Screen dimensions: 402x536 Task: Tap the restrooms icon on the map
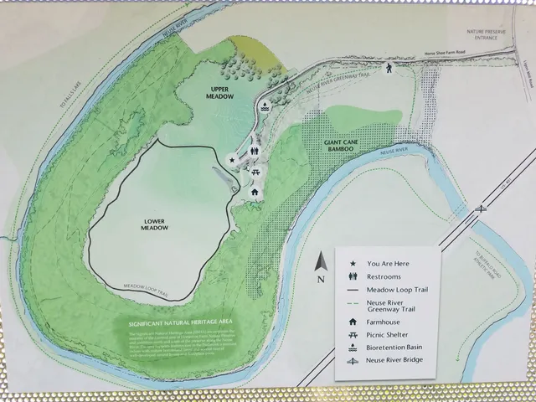pos(255,152)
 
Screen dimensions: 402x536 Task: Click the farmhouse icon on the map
pos(255,191)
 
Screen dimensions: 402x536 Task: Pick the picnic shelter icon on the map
pos(255,172)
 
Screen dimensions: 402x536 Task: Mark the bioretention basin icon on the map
pos(265,106)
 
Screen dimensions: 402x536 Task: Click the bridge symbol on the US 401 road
pos(480,208)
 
